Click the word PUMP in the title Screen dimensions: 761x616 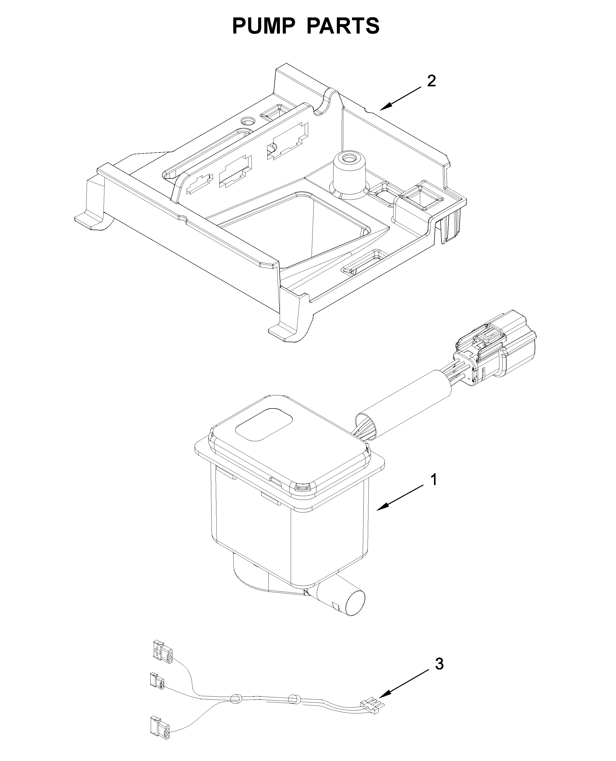tap(264, 26)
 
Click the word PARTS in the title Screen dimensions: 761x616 tap(343, 26)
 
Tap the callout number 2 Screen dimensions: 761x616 tap(431, 81)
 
